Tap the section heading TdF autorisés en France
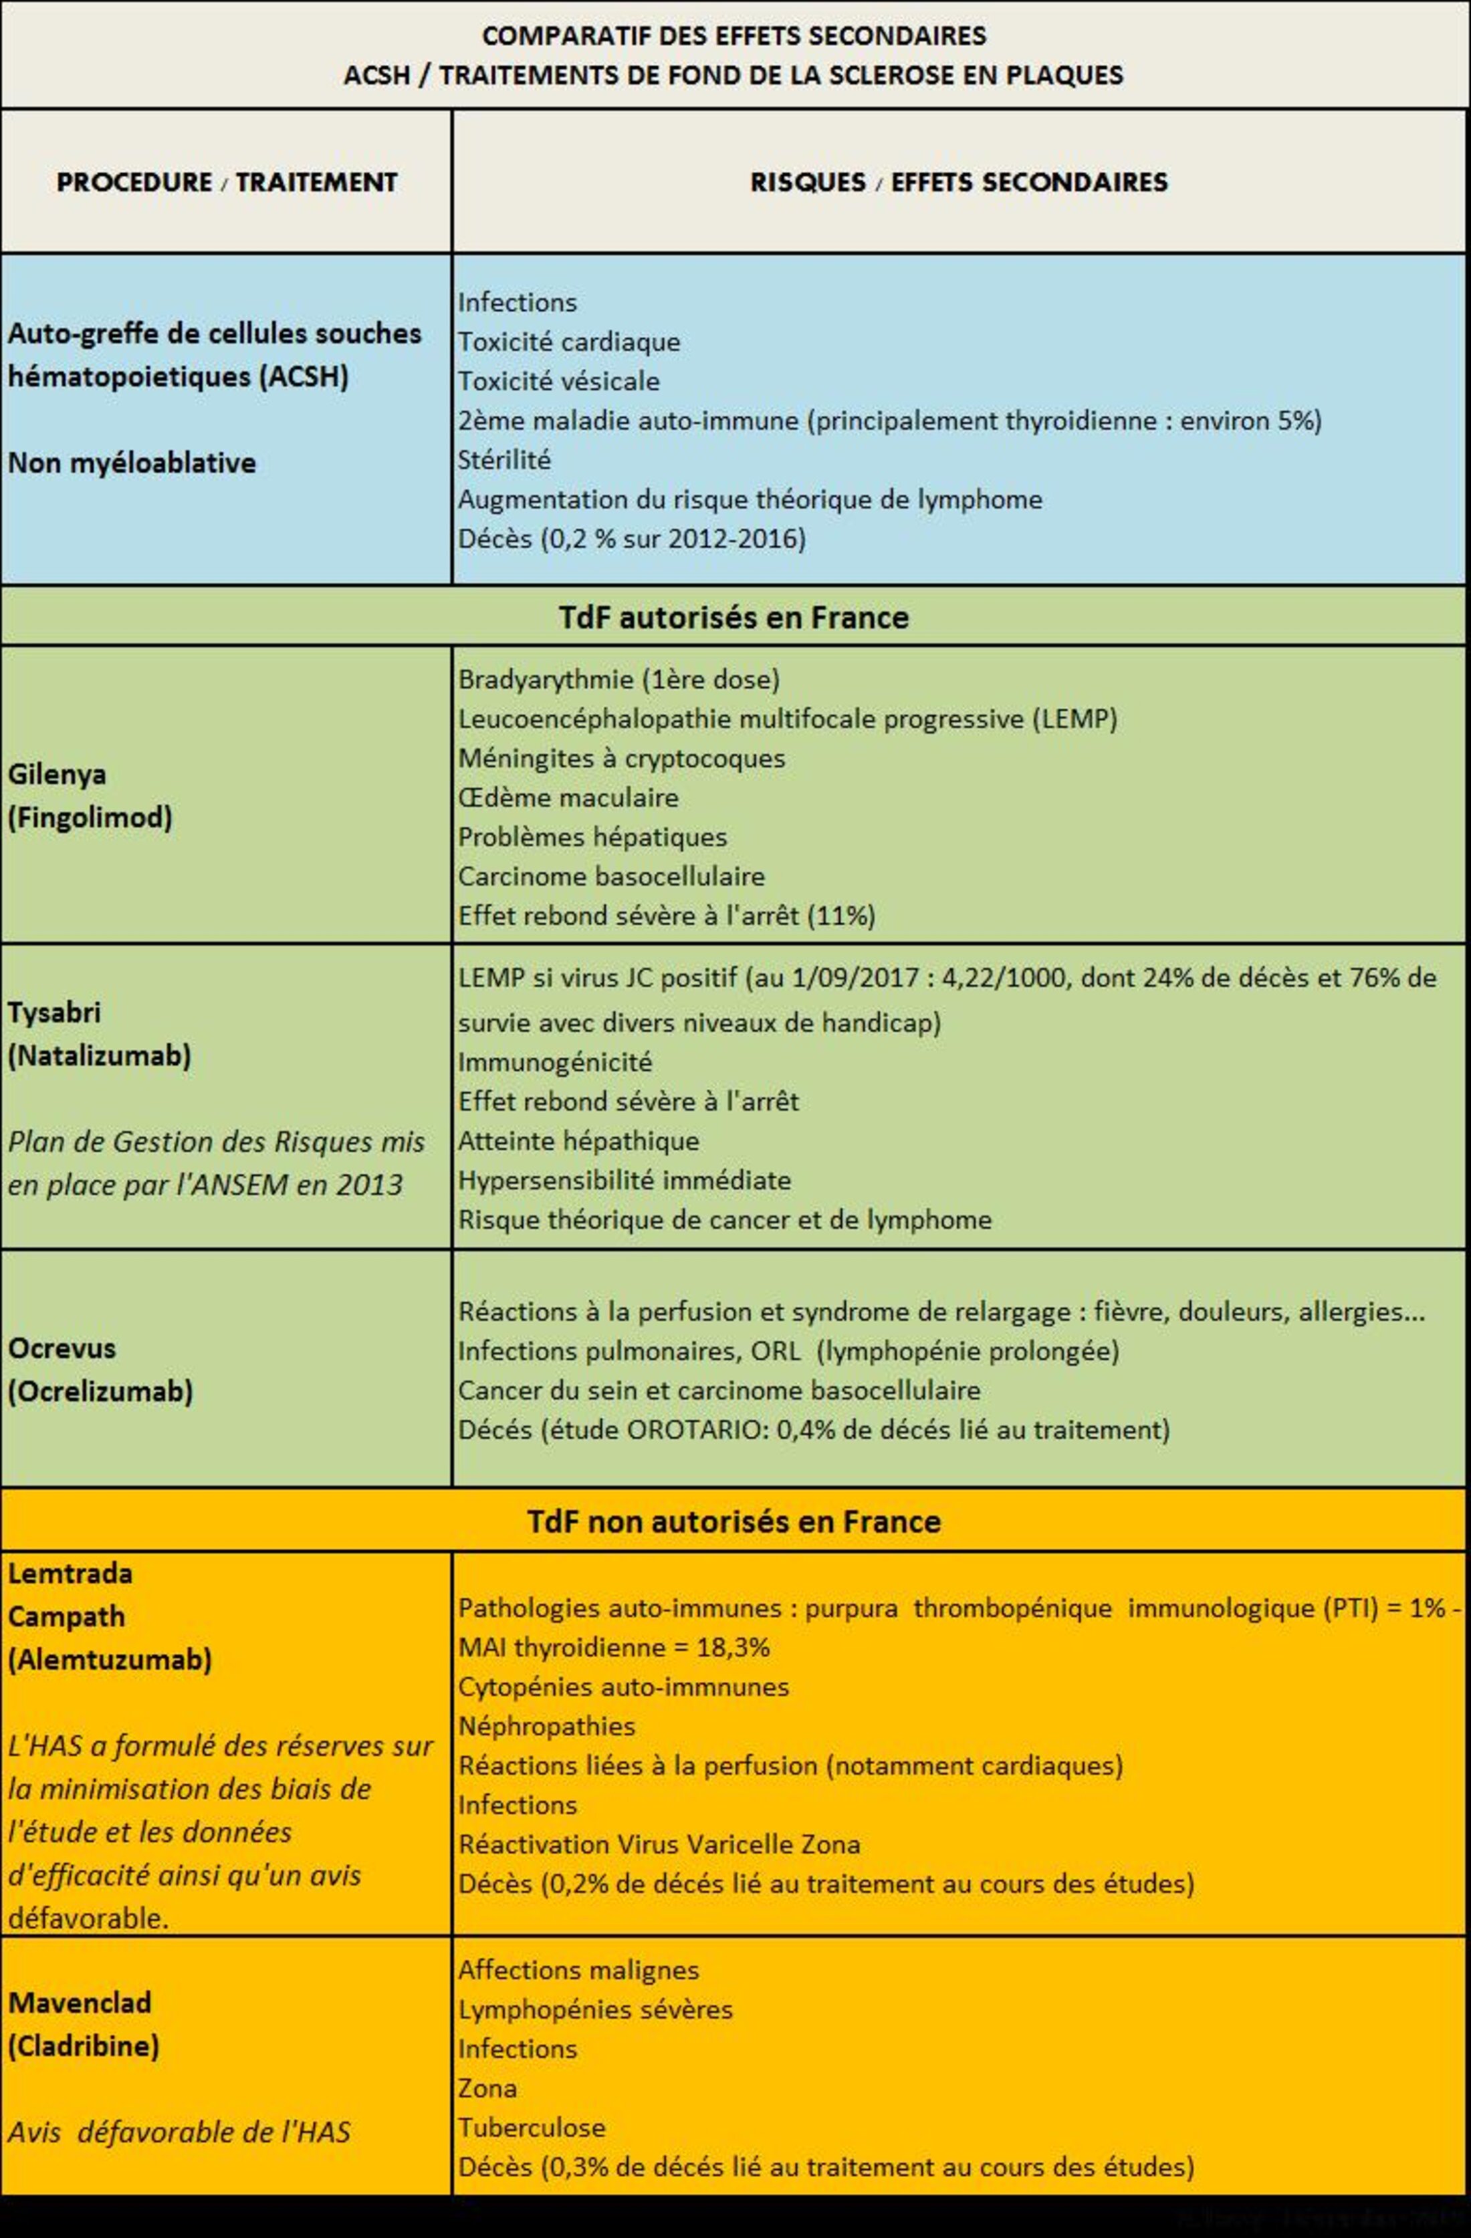pos(733,617)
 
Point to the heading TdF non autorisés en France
pos(733,1521)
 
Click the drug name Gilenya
pos(56,774)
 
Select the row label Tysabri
pos(53,1012)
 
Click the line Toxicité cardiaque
pos(568,342)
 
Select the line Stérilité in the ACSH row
pos(504,460)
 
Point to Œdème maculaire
pos(568,797)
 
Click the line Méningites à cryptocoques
pos(620,758)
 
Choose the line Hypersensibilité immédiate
pos(625,1180)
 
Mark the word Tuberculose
pos(532,2127)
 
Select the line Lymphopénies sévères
pos(595,2009)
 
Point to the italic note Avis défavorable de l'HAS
pos(179,2131)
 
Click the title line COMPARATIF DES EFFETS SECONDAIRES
pos(733,35)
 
